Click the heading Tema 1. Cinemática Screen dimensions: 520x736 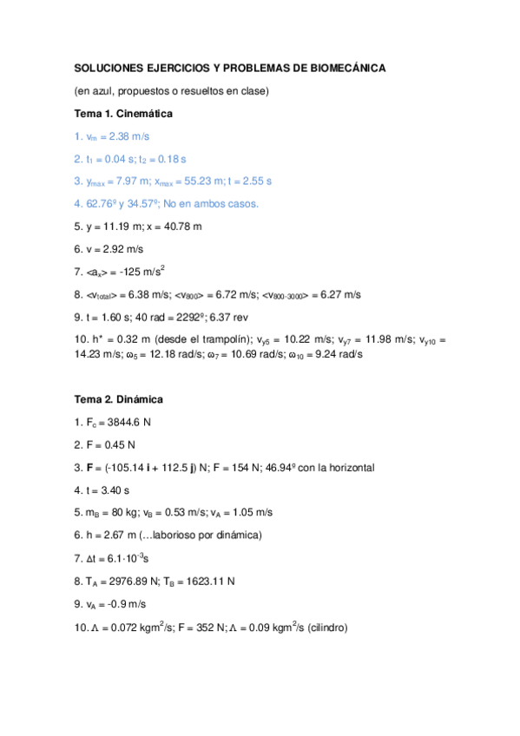(123, 114)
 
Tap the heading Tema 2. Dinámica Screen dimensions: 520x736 (118, 399)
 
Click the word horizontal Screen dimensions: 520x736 (347, 468)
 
